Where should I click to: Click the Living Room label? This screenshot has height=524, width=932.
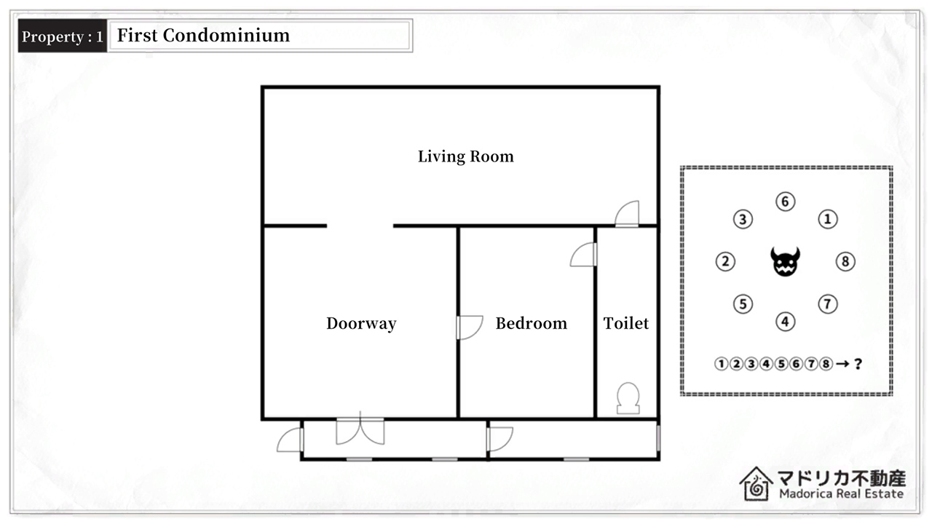[465, 156]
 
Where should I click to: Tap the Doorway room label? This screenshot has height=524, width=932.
[361, 324]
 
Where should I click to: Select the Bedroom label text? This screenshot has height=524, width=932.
[532, 324]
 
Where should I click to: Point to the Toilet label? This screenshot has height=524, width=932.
[625, 324]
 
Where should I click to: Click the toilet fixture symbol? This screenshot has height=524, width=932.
[628, 398]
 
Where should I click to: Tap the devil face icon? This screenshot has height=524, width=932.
[785, 261]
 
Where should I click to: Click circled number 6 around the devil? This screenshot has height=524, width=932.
[785, 202]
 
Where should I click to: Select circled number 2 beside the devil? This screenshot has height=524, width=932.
[725, 261]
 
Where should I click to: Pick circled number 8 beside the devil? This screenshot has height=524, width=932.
[845, 261]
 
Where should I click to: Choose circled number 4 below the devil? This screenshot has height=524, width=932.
[785, 322]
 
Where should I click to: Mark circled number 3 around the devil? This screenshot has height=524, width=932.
[743, 219]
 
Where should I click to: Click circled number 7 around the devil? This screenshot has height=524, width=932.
[828, 304]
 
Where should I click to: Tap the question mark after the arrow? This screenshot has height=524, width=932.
[858, 365]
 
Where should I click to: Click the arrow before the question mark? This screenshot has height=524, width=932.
[842, 365]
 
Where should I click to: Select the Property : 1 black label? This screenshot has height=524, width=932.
[63, 36]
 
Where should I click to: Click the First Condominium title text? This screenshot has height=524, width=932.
[203, 36]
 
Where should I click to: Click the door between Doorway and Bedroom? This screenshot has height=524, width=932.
[470, 327]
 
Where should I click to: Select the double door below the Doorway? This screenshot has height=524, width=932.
[360, 429]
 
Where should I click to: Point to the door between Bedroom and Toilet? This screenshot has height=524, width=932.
[583, 255]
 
